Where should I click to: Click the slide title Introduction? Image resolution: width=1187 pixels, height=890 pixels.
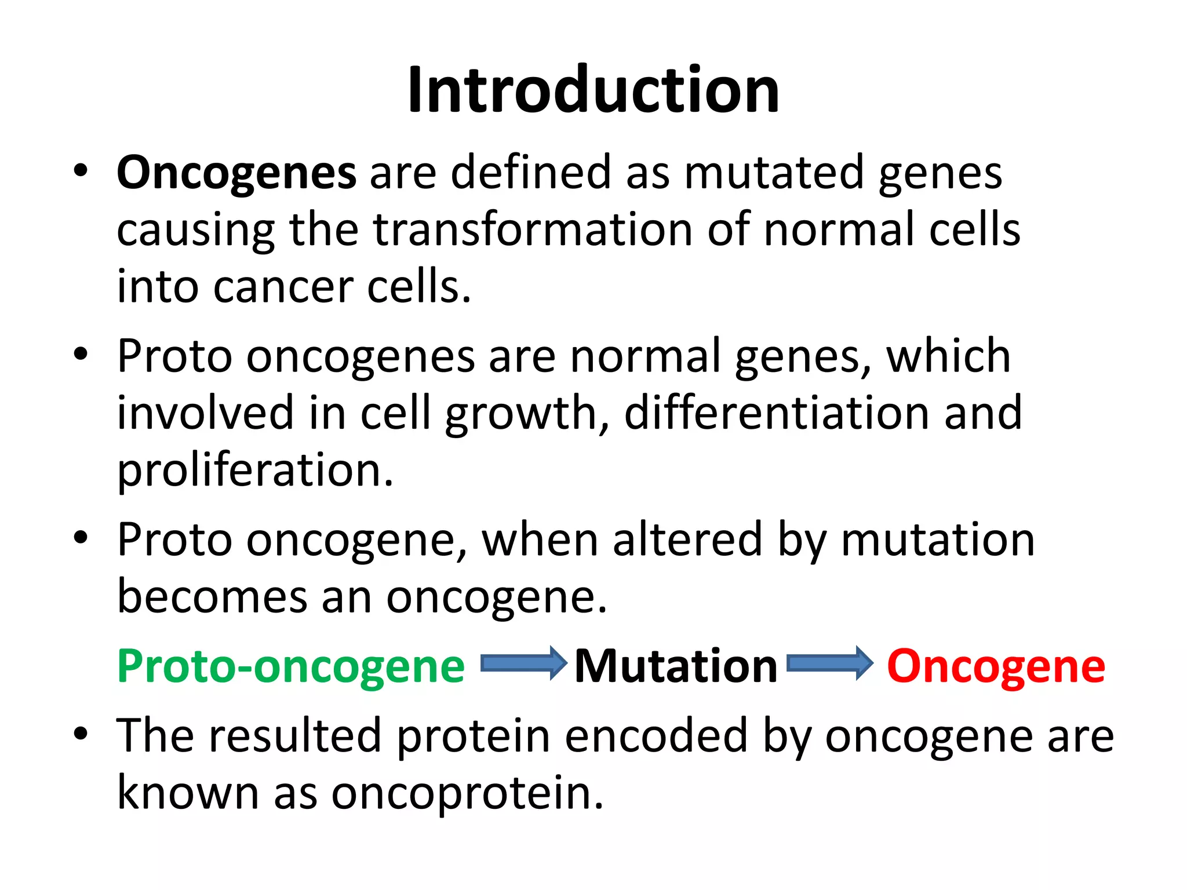point(593,90)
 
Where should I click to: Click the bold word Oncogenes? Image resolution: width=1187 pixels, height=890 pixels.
point(236,173)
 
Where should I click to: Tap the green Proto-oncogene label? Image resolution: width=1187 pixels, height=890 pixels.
point(291,666)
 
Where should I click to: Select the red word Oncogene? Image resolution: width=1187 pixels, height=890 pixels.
point(996,666)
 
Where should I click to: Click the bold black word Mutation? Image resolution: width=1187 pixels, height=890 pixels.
point(676,666)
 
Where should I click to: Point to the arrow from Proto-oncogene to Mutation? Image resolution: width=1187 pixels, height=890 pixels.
point(523,663)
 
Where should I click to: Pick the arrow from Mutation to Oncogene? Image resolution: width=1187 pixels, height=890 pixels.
point(829,663)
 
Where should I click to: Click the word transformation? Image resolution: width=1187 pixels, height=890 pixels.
point(533,229)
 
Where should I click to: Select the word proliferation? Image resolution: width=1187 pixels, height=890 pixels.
point(255,470)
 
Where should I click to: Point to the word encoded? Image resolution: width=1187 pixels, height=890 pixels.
point(656,735)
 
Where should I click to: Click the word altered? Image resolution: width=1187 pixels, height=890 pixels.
point(687,539)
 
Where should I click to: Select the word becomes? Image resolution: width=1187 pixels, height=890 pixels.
point(212,597)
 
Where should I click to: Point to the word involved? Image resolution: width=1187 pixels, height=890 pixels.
point(206,413)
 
